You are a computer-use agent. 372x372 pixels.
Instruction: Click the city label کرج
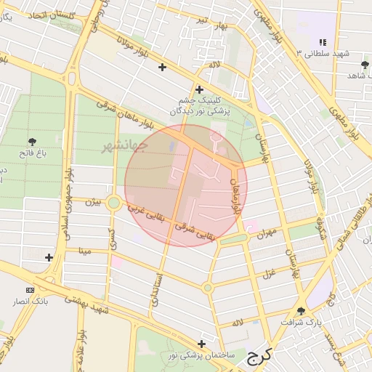[x=257, y=356]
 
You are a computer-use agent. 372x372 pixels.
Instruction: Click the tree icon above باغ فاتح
[x=32, y=141]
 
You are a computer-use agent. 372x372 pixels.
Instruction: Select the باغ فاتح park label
[x=32, y=153]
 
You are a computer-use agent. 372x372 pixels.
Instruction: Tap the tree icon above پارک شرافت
[x=302, y=310]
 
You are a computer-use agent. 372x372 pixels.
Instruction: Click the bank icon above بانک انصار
[x=29, y=289]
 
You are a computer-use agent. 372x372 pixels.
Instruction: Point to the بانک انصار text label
[x=29, y=301]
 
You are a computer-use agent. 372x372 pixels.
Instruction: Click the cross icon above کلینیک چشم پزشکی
[x=199, y=89]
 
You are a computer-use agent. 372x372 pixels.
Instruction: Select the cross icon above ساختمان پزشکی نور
[x=201, y=344]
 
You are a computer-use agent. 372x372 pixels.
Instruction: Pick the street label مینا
[x=85, y=251]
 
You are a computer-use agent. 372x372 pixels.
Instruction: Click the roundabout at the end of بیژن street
[x=113, y=203]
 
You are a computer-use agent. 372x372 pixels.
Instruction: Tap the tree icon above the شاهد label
[x=365, y=65]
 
